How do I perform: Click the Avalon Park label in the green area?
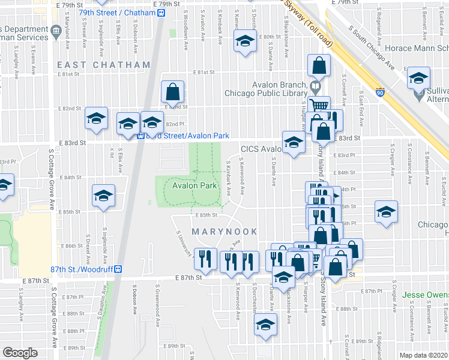(x=194, y=186)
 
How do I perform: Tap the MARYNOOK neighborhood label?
(x=224, y=232)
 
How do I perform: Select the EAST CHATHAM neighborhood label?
(x=103, y=64)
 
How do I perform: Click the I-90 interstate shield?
(x=380, y=92)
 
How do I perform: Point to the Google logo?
(x=20, y=353)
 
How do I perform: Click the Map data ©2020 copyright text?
(x=424, y=355)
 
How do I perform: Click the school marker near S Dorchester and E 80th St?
(x=245, y=42)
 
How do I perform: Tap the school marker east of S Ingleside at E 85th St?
(x=103, y=196)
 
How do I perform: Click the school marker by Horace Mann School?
(x=418, y=78)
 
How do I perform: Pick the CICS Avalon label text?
(x=261, y=149)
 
